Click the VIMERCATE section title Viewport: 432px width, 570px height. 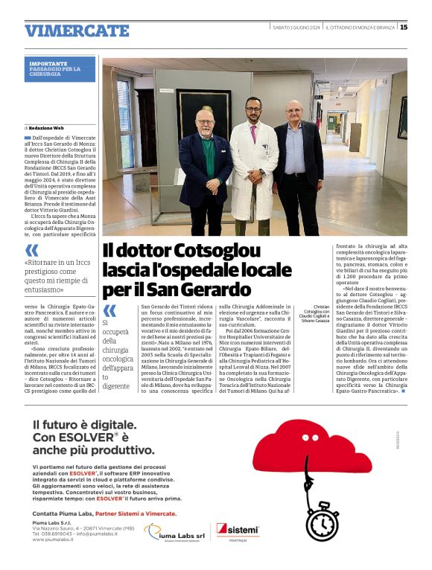[77, 31]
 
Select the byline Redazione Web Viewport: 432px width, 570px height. [47, 128]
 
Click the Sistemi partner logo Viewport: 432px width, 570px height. [237, 531]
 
